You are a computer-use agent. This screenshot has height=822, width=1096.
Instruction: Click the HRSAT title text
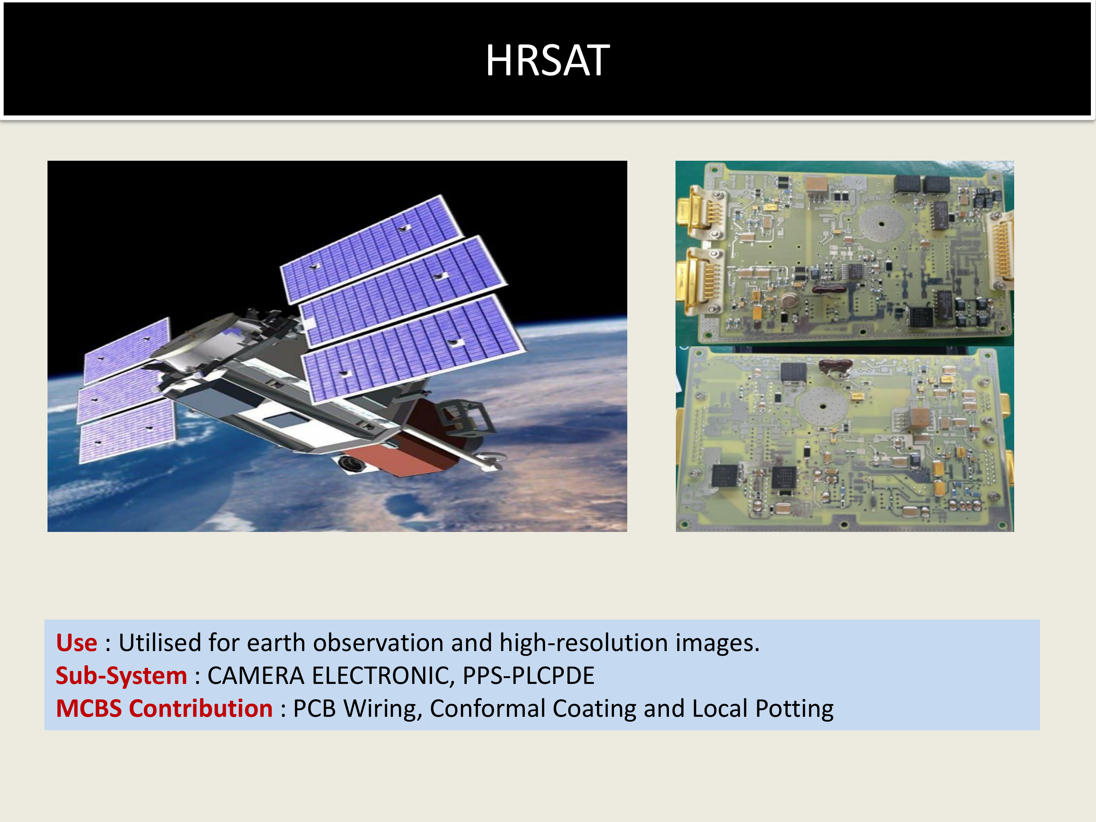tap(548, 60)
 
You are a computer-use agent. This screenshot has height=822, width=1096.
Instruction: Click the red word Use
tap(76, 643)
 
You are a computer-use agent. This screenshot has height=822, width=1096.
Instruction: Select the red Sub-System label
tap(121, 676)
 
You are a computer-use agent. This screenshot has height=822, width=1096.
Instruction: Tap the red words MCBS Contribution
tap(164, 708)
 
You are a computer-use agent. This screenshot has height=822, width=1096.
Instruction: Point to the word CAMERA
tap(255, 676)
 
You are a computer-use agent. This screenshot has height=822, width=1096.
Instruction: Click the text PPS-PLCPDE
tap(528, 676)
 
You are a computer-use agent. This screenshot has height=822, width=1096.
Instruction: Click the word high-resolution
tap(584, 643)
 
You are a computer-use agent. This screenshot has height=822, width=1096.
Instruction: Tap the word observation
tap(378, 643)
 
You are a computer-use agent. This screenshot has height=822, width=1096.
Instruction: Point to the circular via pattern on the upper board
tap(882, 224)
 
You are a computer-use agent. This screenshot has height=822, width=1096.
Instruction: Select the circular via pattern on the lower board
tap(823, 407)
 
